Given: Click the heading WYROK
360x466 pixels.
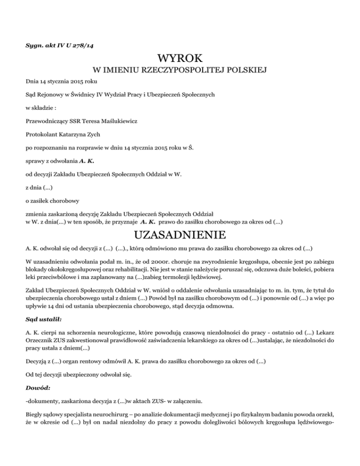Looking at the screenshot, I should click(180, 59).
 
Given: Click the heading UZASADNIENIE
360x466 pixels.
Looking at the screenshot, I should click(180, 234).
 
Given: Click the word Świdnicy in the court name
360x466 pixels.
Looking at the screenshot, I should click(81, 94).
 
